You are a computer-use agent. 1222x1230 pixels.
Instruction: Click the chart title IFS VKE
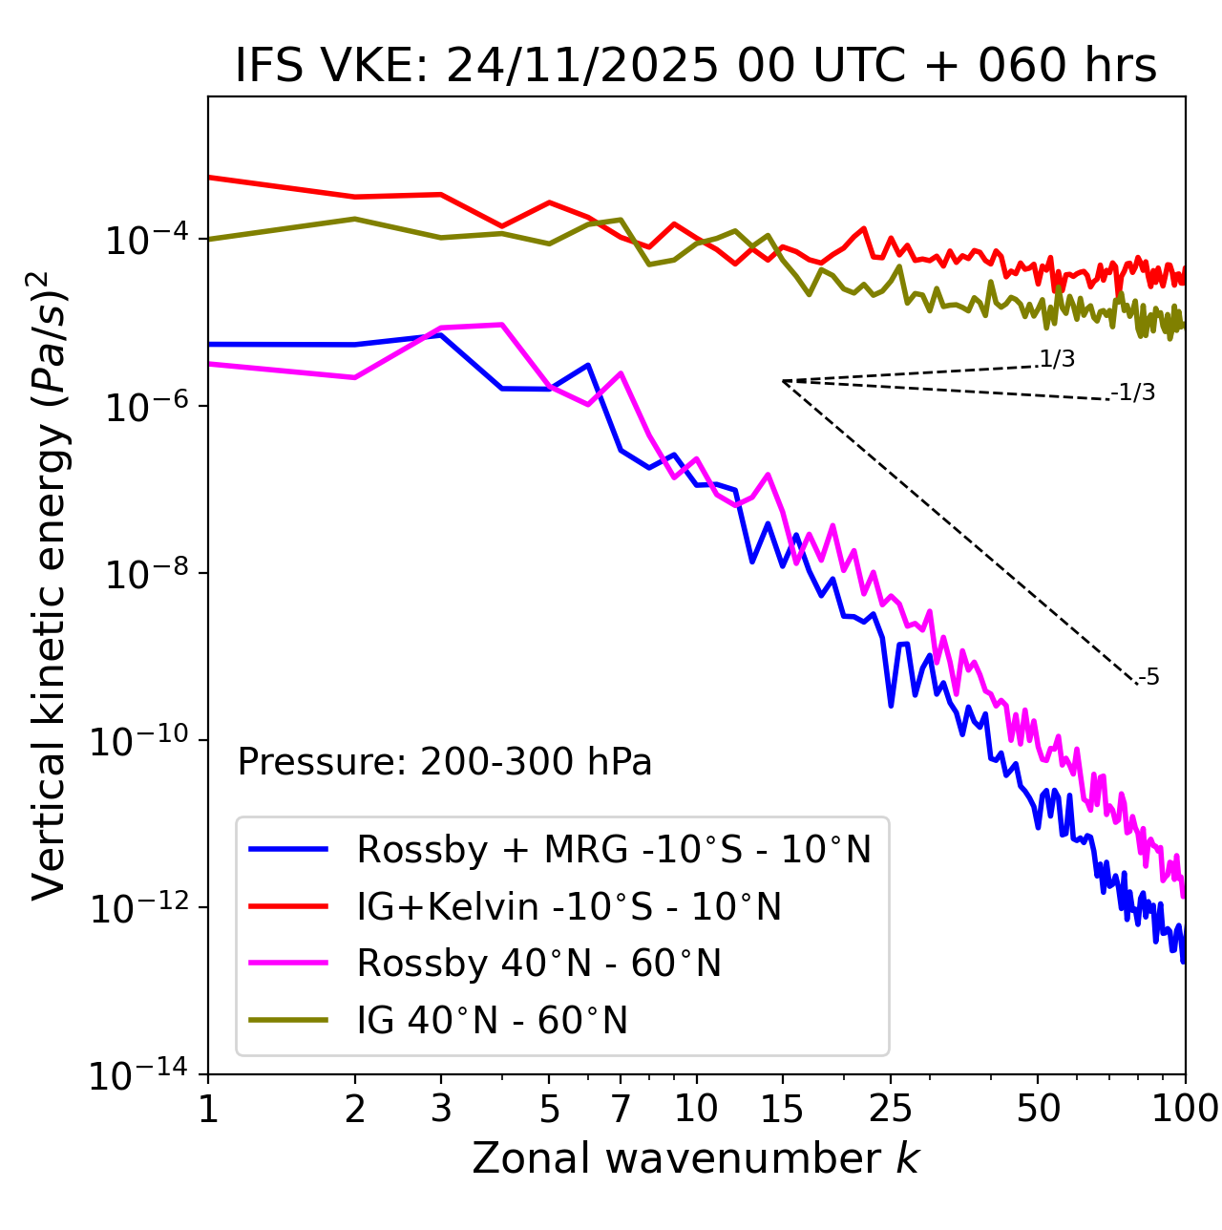[x=695, y=66]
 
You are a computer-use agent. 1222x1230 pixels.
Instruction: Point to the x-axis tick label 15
[x=782, y=1109]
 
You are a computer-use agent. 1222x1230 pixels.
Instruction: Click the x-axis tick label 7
[x=621, y=1109]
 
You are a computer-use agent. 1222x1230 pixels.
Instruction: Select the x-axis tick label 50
[x=1038, y=1109]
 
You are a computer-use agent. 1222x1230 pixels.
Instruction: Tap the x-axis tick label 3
[x=441, y=1109]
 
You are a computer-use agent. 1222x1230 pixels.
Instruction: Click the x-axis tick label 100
[x=1185, y=1109]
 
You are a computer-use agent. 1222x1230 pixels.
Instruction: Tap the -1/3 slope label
[x=1134, y=392]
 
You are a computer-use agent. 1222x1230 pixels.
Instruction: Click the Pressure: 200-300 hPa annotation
[x=445, y=762]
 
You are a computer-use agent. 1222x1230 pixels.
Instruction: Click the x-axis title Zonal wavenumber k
[x=695, y=1158]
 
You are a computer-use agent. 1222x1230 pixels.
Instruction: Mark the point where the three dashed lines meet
[x=783, y=381]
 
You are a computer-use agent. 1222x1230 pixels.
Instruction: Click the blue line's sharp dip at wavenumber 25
[x=891, y=706]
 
